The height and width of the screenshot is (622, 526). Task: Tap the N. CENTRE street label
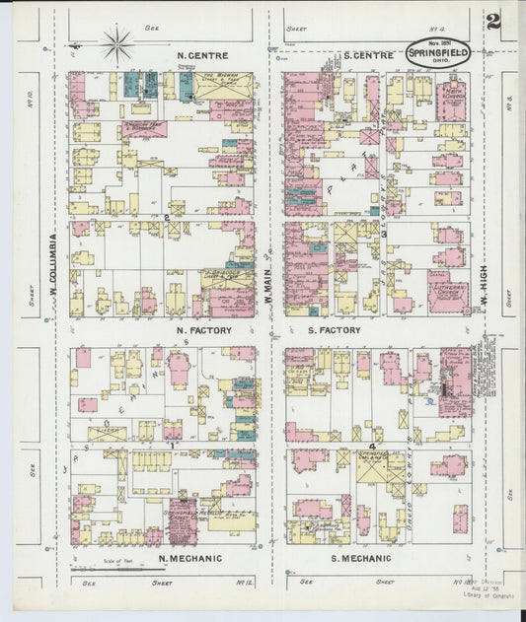tap(201, 55)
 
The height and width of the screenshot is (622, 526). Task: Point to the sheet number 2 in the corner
tap(492, 21)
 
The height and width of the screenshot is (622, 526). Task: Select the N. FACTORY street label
tap(202, 330)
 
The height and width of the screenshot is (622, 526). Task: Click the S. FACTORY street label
tap(334, 330)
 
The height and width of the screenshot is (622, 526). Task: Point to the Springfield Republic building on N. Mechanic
tap(184, 519)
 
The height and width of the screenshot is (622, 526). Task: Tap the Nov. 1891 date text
tap(438, 42)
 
